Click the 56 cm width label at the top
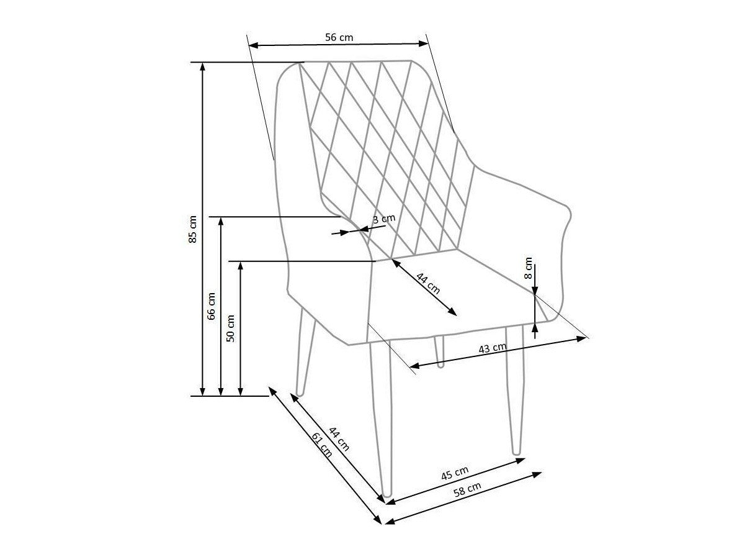click(339, 37)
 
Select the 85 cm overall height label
click(192, 229)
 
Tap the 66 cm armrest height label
click(211, 306)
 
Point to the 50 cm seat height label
click(230, 328)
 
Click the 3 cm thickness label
click(383, 219)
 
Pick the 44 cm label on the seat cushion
click(428, 283)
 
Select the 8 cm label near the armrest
click(529, 268)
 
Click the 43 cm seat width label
click(493, 348)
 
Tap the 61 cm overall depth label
click(322, 445)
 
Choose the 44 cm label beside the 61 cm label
click(339, 439)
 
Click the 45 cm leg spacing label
click(455, 473)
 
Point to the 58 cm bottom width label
click(467, 488)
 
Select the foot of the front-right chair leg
click(517, 452)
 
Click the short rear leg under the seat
click(439, 351)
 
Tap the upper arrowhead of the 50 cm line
click(240, 265)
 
